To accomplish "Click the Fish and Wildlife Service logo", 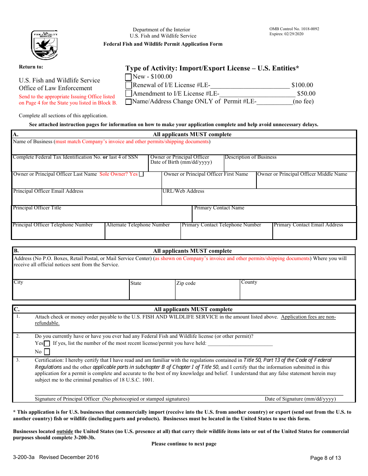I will tap(44, 45).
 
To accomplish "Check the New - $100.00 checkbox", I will tap(129, 77).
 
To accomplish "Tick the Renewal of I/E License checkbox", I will tap(129, 85).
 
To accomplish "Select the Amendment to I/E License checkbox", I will tap(129, 94).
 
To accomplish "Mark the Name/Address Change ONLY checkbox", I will tap(129, 102).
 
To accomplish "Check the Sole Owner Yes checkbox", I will tap(141, 174).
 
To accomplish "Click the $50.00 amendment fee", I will tap(306, 93).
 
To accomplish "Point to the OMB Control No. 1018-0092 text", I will tap(294, 29).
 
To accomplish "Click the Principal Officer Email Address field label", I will tap(48, 191).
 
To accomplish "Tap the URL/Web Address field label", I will tap(183, 191).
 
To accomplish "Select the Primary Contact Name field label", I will tap(219, 208).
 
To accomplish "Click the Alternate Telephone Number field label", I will tap(138, 225).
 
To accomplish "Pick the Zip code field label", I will tap(186, 283).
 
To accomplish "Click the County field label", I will tap(249, 282).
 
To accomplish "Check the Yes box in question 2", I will tap(47, 344).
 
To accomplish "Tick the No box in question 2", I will tap(47, 352).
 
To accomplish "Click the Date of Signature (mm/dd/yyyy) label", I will tap(300, 399).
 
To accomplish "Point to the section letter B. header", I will tap(16, 251).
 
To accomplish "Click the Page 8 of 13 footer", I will tap(325, 458).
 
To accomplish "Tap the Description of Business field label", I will tap(251, 157).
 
